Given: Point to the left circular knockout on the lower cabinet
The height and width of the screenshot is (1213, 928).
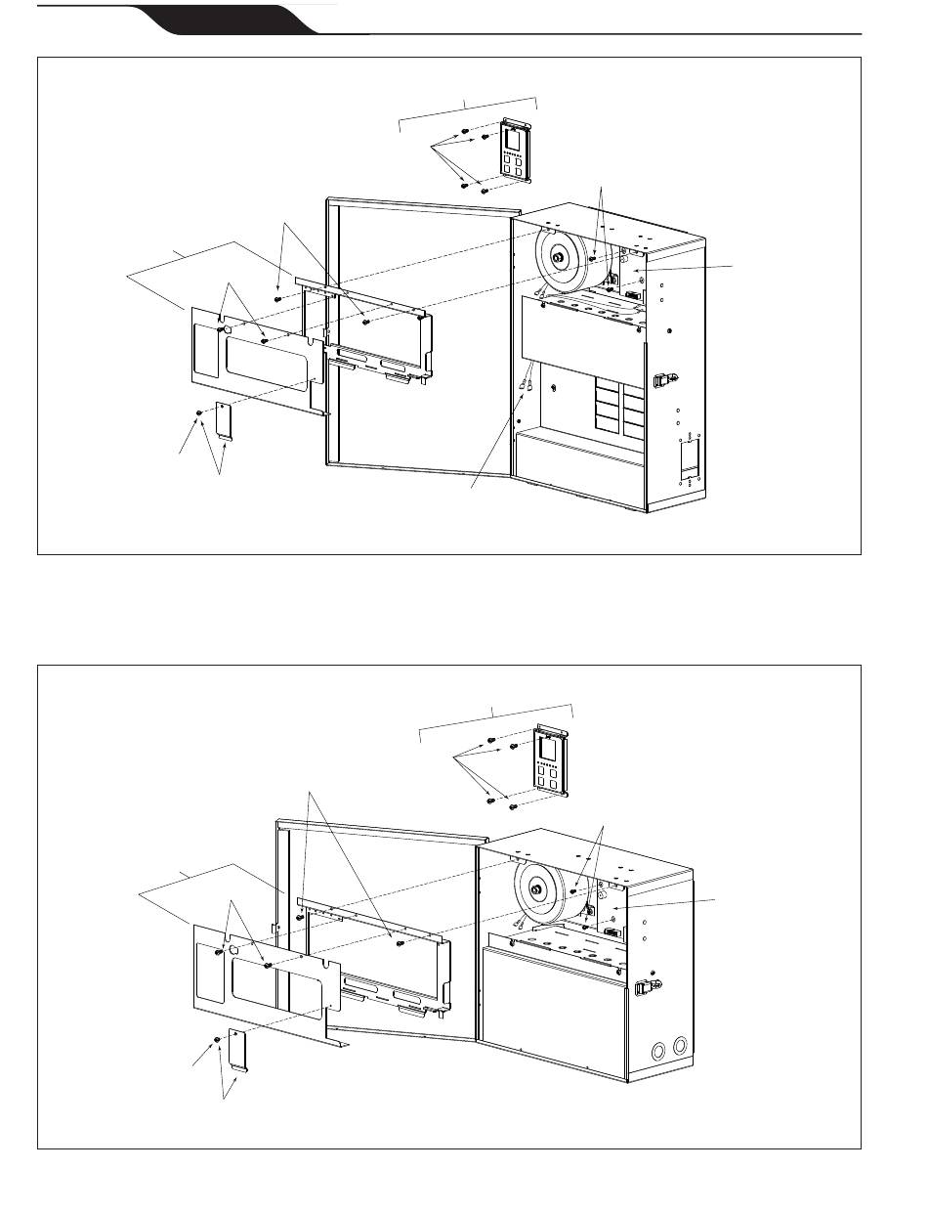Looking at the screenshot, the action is (x=659, y=1052).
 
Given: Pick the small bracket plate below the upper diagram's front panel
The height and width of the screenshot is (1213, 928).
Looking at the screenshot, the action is (x=224, y=422).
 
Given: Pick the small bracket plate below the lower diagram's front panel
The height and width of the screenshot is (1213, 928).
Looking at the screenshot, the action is (x=238, y=1049).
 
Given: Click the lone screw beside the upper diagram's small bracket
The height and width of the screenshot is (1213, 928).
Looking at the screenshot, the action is (x=199, y=413).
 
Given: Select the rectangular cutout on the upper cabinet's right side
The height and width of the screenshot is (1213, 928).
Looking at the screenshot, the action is (x=689, y=459).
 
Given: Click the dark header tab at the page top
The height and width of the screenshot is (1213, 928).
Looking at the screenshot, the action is (x=230, y=18).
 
